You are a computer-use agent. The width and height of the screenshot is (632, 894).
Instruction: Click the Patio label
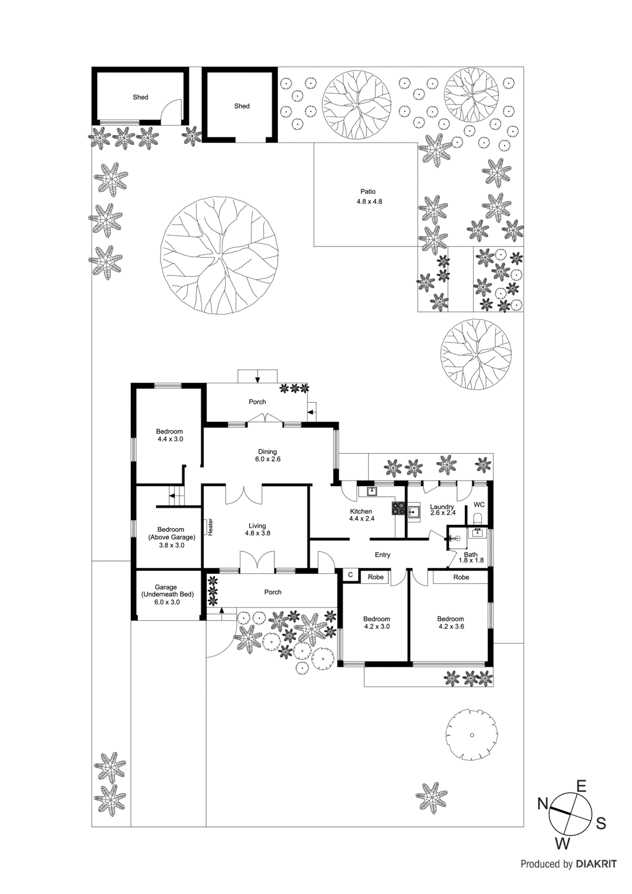click(368, 192)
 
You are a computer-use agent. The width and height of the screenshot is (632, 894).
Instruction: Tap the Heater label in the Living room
click(211, 527)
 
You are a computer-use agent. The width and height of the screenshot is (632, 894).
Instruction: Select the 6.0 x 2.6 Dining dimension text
click(268, 459)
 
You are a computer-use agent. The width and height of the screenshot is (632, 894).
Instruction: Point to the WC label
click(479, 505)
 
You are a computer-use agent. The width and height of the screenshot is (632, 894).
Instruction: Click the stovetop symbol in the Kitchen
click(399, 508)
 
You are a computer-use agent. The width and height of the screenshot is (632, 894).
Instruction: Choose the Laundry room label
click(442, 507)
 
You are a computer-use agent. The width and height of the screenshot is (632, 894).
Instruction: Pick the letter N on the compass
click(543, 803)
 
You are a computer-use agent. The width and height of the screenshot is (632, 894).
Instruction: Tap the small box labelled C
click(350, 574)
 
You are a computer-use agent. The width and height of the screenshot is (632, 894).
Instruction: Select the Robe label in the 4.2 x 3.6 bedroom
click(461, 577)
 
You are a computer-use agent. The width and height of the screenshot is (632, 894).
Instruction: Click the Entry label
click(382, 555)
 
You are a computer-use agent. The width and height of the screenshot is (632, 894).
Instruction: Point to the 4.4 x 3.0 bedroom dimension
click(170, 439)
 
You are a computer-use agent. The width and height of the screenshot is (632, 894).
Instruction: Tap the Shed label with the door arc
click(140, 97)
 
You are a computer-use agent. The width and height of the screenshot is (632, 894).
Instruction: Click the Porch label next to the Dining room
click(257, 402)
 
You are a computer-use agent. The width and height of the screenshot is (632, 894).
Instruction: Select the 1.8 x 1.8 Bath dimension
click(471, 560)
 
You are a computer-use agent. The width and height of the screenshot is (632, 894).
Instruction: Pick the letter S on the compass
click(601, 823)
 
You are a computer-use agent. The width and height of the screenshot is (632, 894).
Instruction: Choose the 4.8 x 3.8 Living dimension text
click(257, 533)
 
